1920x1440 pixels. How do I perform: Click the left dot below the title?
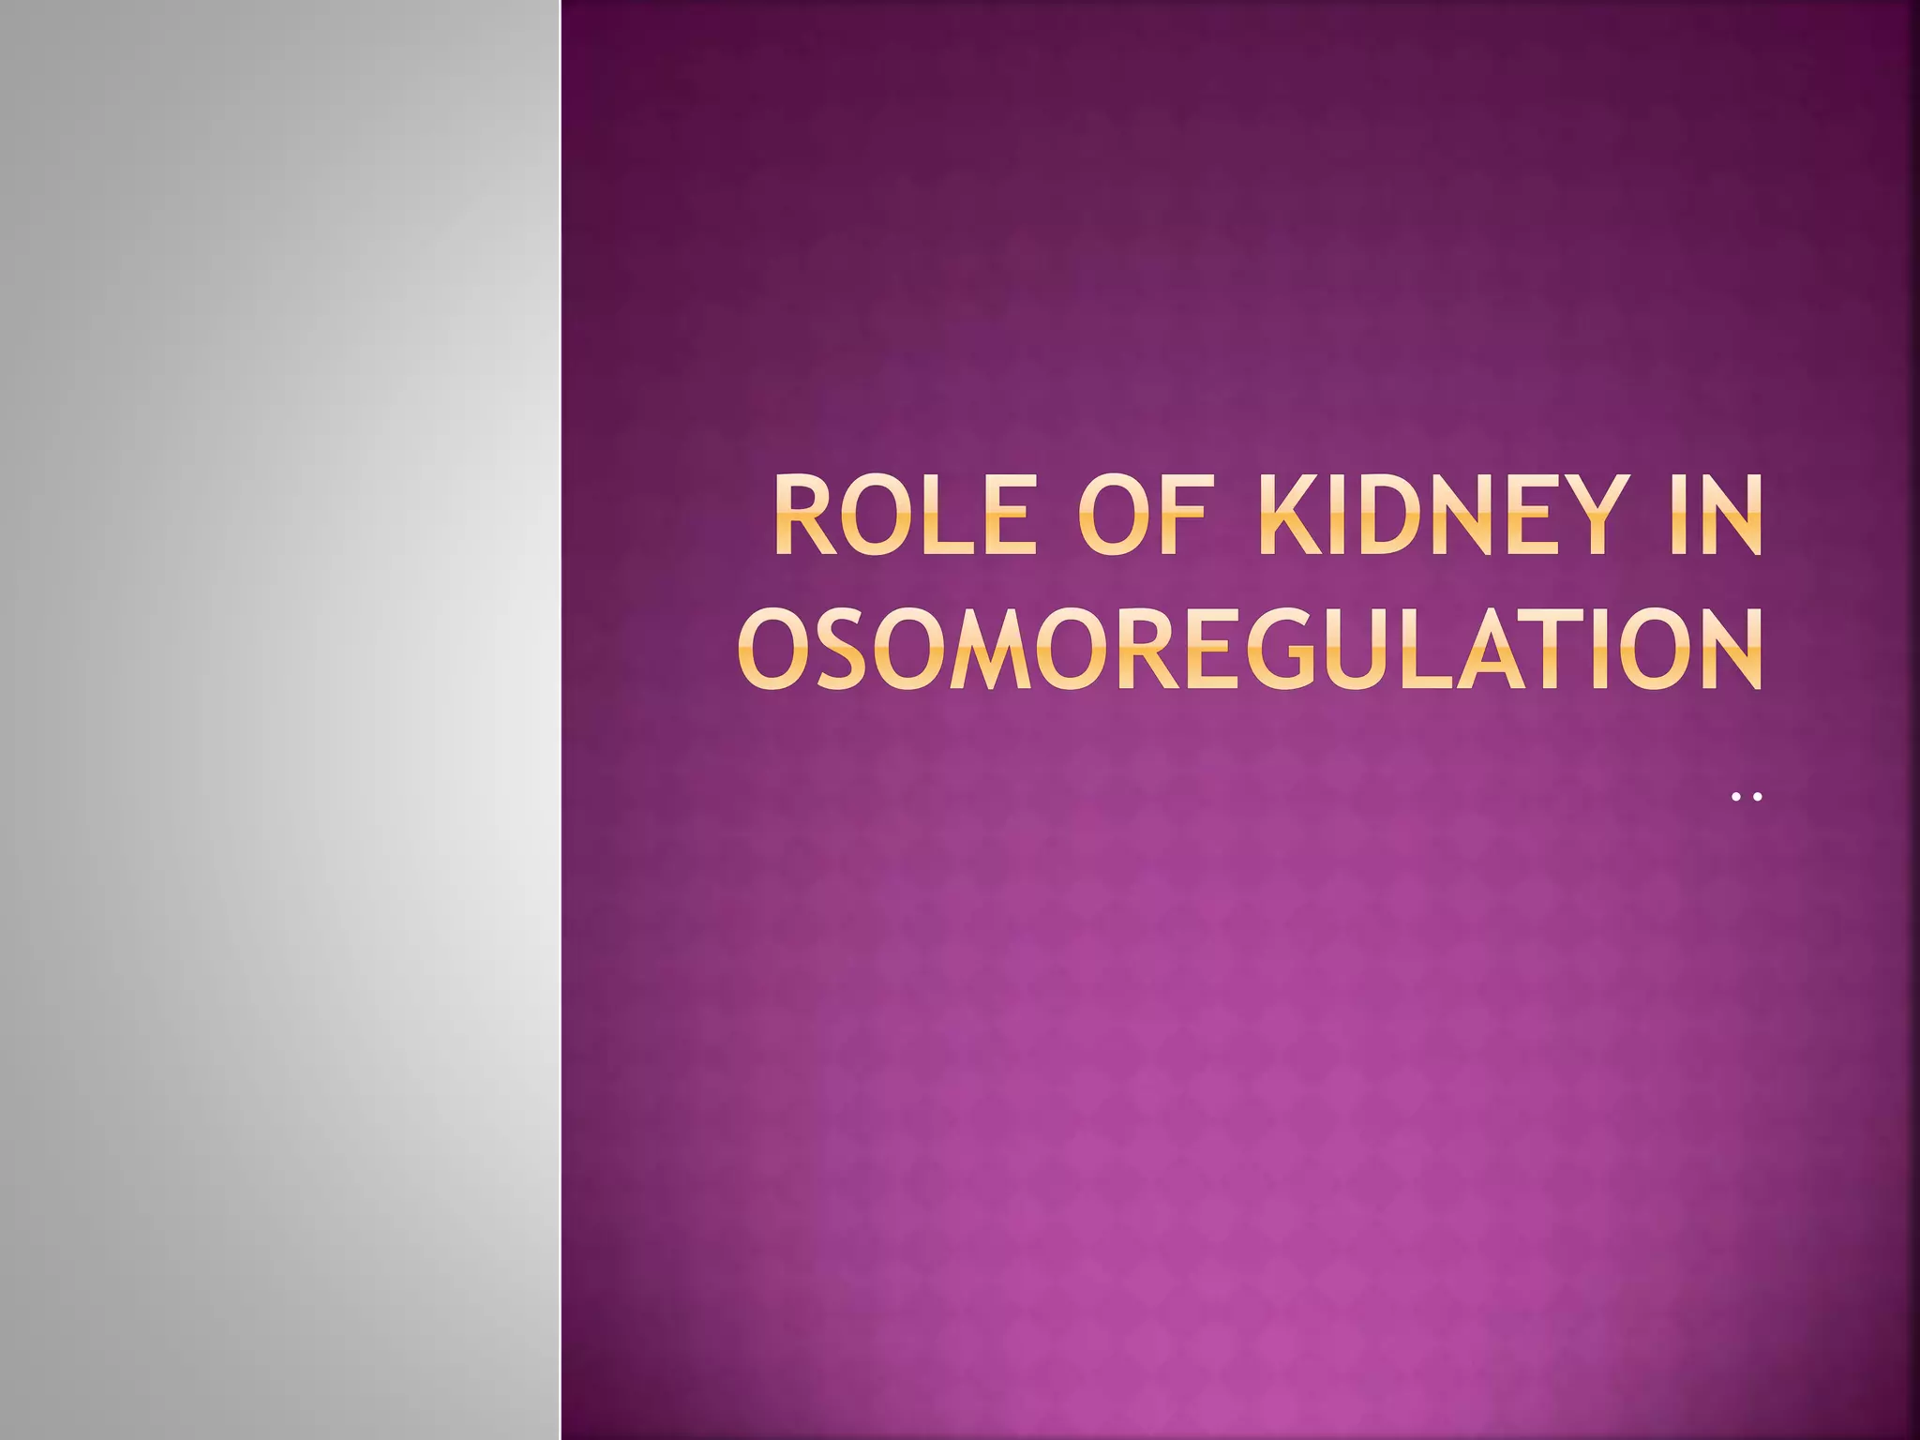tap(1737, 797)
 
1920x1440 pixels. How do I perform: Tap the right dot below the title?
tap(1758, 797)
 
